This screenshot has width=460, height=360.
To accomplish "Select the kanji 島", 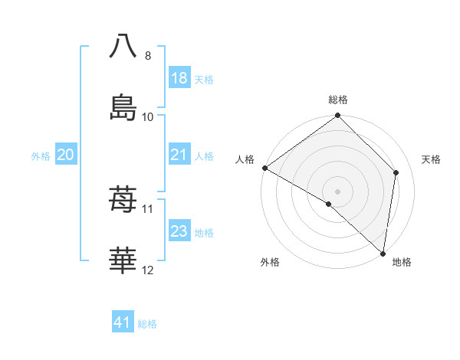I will pos(123,106).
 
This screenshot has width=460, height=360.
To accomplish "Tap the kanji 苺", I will pos(123,201).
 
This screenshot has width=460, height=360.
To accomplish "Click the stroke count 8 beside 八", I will pos(147,56).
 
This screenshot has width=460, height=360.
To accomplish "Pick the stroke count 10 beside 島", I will pos(148,116).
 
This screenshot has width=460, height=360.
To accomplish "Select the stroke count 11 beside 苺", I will pos(148,208).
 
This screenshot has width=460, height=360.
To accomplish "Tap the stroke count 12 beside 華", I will pos(148,270).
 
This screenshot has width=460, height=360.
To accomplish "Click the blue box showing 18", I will pos(179,78).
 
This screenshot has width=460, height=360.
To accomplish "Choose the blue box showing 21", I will pos(179,155).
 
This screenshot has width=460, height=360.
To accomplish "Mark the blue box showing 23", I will pos(179,231).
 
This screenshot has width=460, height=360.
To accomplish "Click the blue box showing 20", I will pos(66,155).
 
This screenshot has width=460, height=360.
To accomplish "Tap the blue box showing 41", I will pos(123,323).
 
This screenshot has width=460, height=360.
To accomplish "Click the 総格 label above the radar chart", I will pos(338,100).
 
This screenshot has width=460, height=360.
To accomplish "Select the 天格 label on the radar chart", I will pos(432,159).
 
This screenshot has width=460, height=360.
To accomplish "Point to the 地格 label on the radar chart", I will pos(402,263).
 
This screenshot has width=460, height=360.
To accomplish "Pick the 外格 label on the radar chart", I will pos(270,263).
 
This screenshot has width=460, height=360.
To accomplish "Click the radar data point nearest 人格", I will pos(264,168).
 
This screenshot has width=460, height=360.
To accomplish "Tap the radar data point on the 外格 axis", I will pos(329,204).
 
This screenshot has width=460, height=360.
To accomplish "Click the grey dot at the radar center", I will pos(337,191).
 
